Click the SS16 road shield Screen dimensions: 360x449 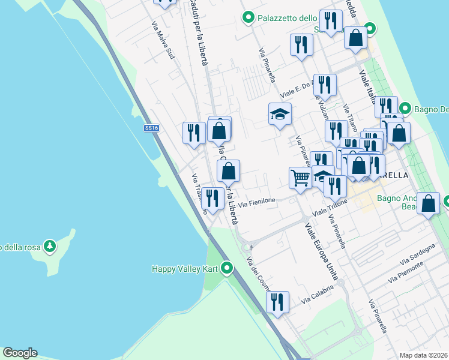coord(151,128)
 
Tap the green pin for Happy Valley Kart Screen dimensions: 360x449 coord(227,268)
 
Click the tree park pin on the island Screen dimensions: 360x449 coord(50,246)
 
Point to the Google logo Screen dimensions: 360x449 coord(20,353)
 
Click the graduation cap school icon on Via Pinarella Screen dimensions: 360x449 coord(280,115)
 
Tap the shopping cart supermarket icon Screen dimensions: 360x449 coord(300,178)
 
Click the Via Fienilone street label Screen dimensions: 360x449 coord(257,203)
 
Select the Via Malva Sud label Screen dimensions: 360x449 coord(163,41)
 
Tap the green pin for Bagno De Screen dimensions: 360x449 coord(405,109)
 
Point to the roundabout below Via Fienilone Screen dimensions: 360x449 coord(246,247)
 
